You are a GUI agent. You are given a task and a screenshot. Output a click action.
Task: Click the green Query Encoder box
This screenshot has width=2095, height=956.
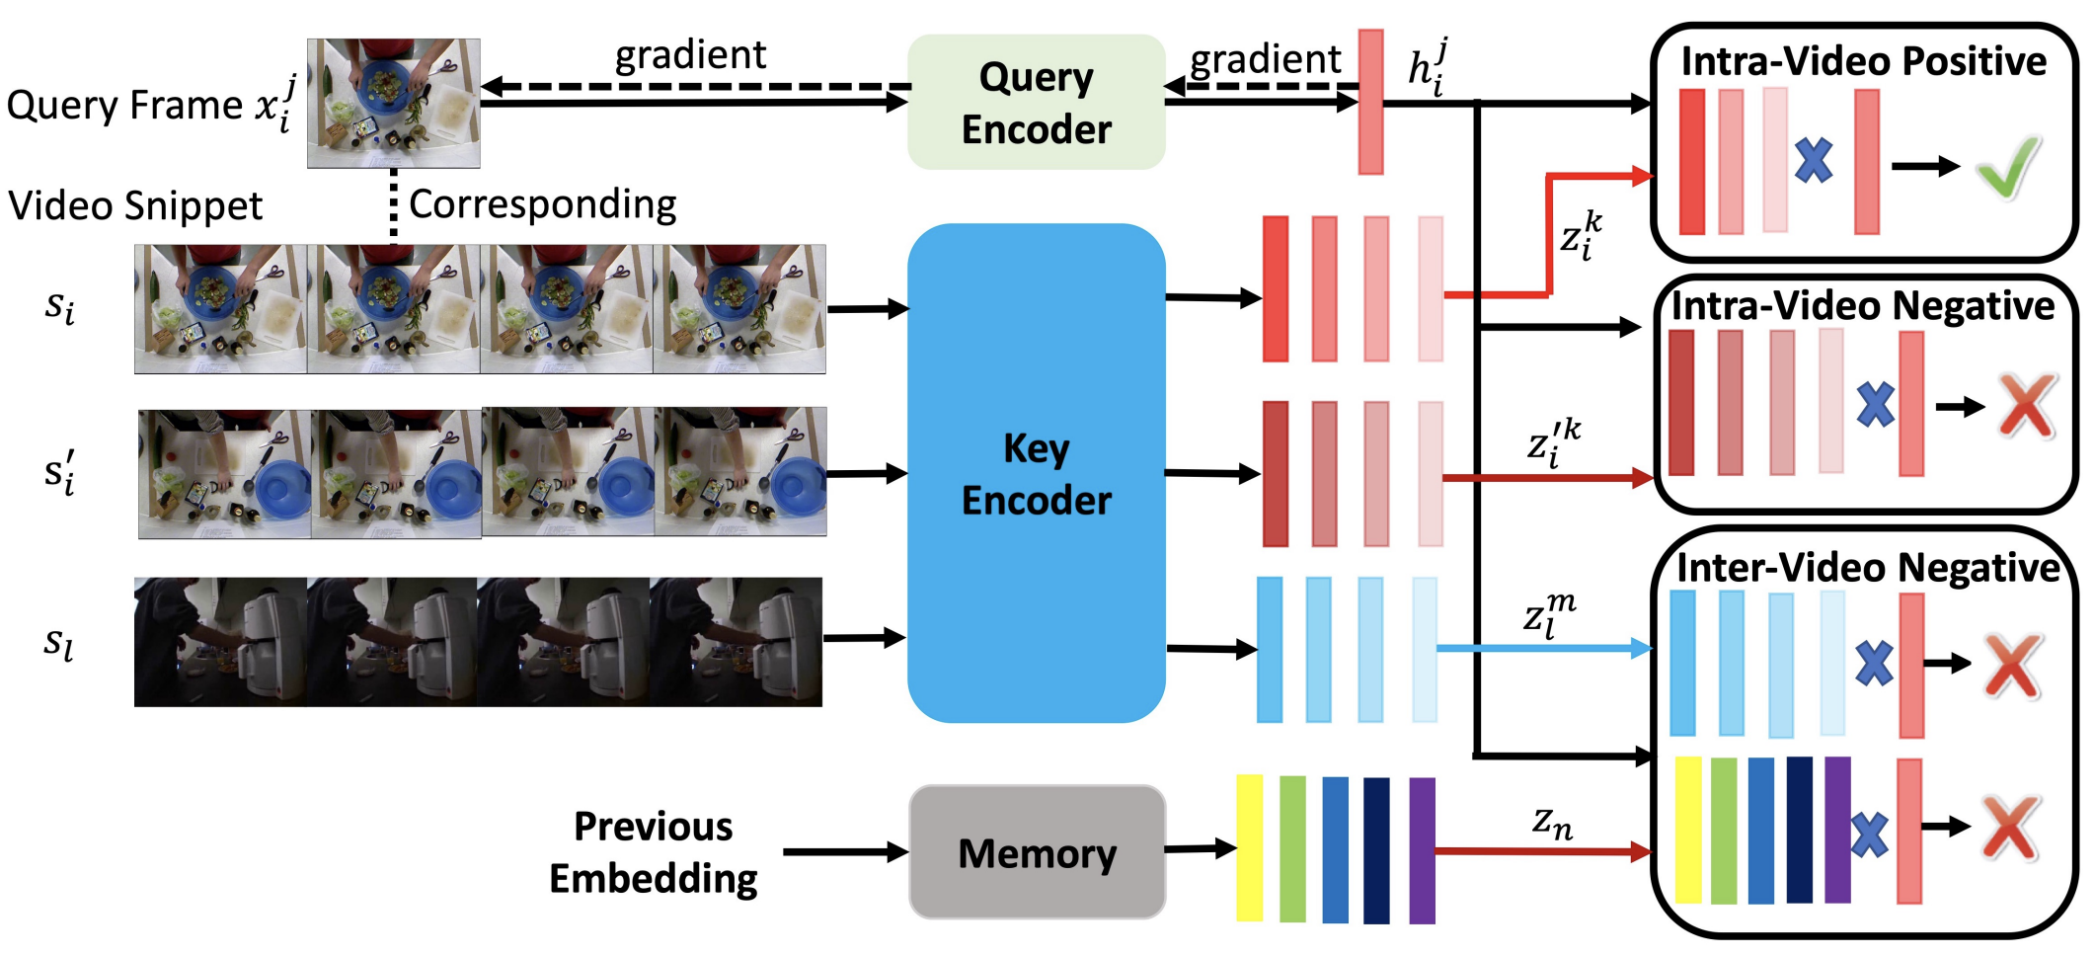click(1036, 103)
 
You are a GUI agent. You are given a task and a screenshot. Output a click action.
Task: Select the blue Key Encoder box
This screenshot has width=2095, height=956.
click(1036, 474)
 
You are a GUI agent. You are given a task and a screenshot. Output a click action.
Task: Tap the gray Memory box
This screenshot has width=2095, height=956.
click(1037, 852)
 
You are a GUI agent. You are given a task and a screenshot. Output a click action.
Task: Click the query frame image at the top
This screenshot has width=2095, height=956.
click(393, 103)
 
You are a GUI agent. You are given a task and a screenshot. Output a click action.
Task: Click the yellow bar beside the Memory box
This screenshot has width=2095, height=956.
click(1249, 847)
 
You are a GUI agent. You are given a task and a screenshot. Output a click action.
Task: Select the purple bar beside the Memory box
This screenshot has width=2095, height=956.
click(1422, 849)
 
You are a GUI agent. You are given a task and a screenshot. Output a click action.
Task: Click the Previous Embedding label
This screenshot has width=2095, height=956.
click(653, 852)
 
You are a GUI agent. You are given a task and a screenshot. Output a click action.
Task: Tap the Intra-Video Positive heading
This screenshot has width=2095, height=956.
click(1863, 61)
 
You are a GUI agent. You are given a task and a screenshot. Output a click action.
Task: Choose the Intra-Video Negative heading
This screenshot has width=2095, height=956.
click(1862, 305)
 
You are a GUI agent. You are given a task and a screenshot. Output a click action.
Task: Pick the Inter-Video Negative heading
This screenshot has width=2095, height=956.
click(1867, 568)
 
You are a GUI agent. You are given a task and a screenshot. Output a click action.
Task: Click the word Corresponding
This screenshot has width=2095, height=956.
click(542, 204)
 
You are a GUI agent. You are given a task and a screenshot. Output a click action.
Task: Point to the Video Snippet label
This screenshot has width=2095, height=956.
click(135, 206)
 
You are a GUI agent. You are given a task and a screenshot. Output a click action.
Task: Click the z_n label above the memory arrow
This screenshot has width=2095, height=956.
click(1551, 822)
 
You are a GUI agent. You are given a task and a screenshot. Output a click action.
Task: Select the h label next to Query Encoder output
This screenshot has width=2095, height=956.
click(1428, 67)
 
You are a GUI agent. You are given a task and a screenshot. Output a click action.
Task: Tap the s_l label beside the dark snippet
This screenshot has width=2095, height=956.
click(58, 644)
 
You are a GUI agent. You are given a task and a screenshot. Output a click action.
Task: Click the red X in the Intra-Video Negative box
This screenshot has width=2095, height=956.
click(2026, 405)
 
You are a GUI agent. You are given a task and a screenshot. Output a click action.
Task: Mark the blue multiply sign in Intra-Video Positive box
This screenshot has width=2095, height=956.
click(1813, 160)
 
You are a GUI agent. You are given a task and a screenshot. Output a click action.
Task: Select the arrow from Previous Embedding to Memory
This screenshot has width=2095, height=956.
click(845, 851)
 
